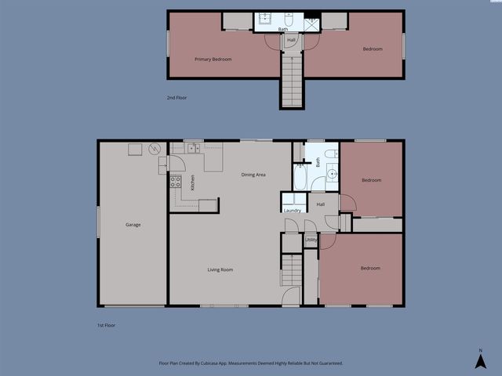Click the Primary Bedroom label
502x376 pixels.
click(213, 59)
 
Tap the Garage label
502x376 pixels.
click(133, 225)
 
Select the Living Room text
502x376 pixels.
click(220, 269)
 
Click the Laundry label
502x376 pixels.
click(293, 210)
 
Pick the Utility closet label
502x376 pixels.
click(311, 240)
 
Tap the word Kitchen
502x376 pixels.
click(193, 183)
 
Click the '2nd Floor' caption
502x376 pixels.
click(176, 98)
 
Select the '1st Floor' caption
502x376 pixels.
click(105, 325)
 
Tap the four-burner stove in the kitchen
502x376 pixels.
click(176, 183)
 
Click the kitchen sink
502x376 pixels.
click(193, 147)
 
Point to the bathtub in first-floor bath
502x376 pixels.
click(300, 176)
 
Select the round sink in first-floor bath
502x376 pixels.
click(332, 173)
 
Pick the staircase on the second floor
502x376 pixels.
click(291, 78)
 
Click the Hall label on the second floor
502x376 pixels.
click(291, 39)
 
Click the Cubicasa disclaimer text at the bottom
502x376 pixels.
click(251, 363)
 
